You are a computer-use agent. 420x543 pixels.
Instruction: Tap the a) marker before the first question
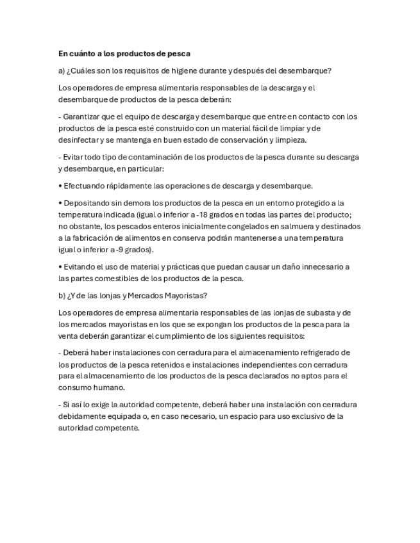pos(62,70)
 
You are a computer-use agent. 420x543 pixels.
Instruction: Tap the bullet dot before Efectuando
pos(60,186)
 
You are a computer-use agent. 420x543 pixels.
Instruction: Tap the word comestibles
pos(112,278)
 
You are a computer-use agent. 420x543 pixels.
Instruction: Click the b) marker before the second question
pos(62,295)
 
